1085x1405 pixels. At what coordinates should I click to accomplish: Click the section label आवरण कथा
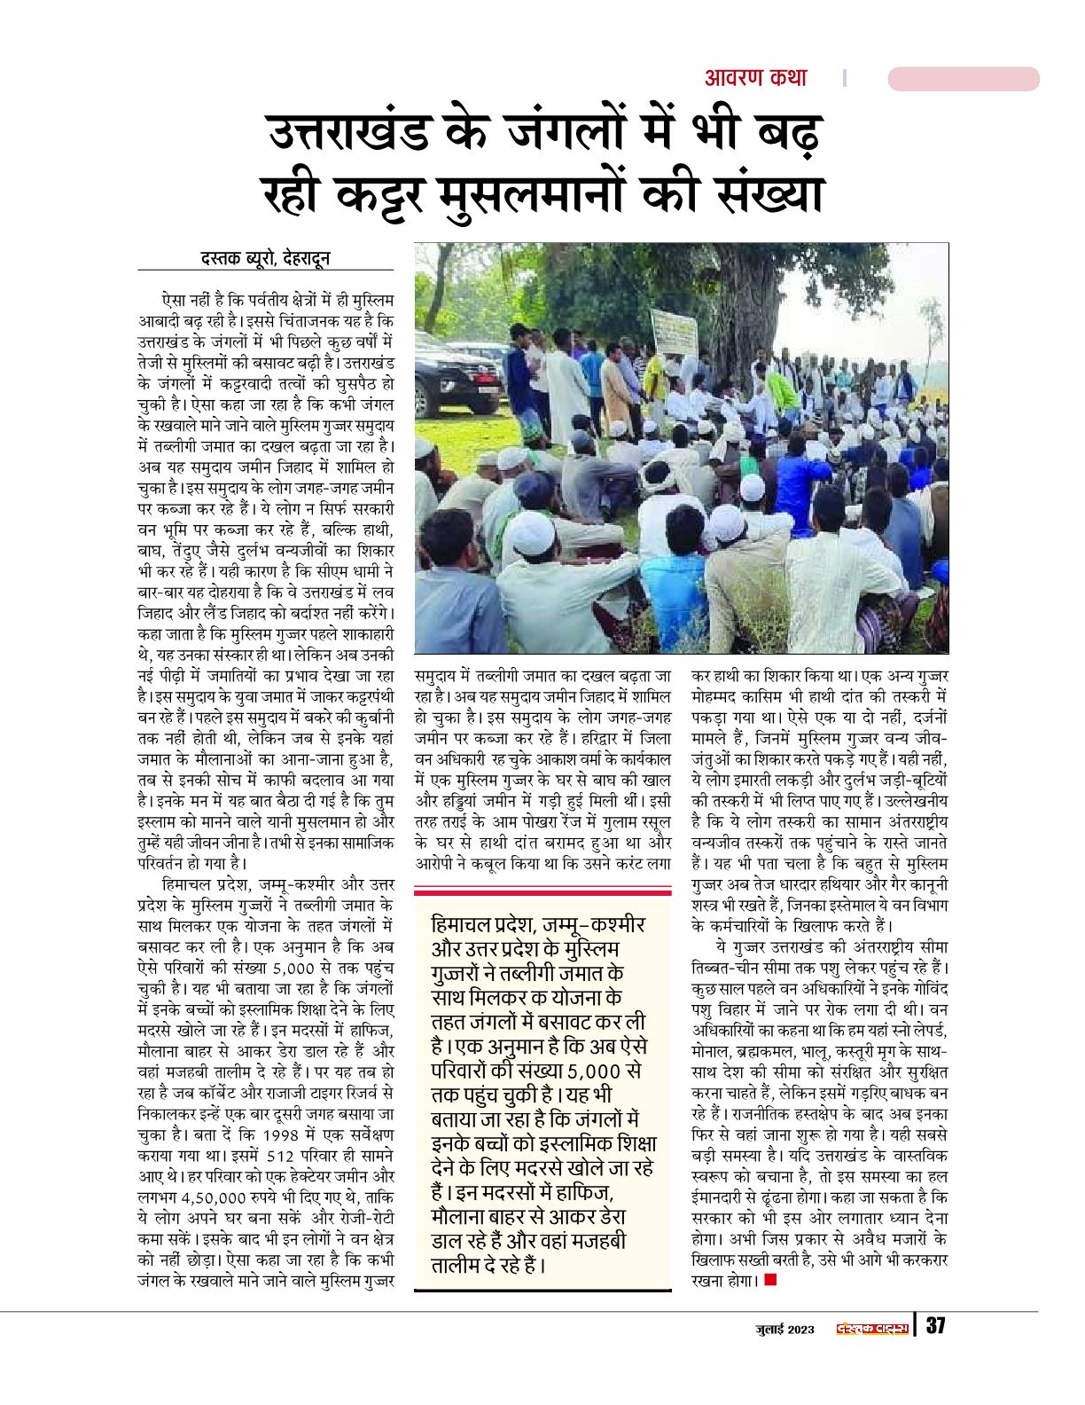[755, 78]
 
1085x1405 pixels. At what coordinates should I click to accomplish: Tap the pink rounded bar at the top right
[963, 79]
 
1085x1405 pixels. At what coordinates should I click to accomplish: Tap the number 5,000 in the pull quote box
[605, 1069]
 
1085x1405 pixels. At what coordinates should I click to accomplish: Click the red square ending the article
[770, 1281]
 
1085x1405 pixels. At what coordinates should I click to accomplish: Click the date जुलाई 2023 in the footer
[784, 1328]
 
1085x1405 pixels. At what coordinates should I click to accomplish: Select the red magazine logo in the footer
[873, 1328]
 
